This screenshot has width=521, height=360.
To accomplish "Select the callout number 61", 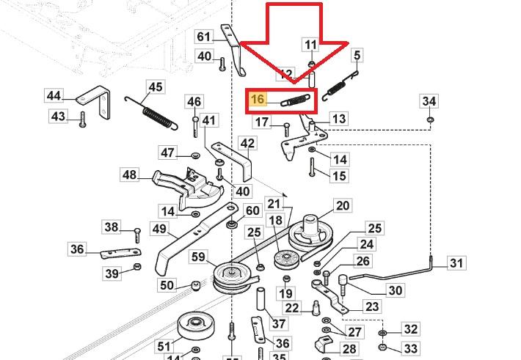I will click(x=203, y=37).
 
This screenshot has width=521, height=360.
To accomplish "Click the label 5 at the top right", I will click(x=357, y=55).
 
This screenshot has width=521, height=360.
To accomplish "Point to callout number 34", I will click(x=429, y=100).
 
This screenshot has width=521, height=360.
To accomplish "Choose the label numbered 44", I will click(x=54, y=96).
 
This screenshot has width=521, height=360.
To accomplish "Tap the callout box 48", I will click(x=130, y=175).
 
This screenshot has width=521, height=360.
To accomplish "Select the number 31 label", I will click(x=456, y=263).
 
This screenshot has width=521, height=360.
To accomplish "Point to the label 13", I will click(x=338, y=119).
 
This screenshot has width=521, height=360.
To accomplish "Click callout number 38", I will click(x=111, y=227).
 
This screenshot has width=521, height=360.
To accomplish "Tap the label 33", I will click(x=411, y=348).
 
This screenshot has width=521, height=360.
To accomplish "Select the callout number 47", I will click(x=168, y=153).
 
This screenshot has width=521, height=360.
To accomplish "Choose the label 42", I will click(x=247, y=144).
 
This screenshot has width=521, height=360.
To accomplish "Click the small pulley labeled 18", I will click(x=283, y=260).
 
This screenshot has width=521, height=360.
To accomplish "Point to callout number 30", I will click(x=395, y=290).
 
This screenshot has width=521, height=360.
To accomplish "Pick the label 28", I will click(x=349, y=350).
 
